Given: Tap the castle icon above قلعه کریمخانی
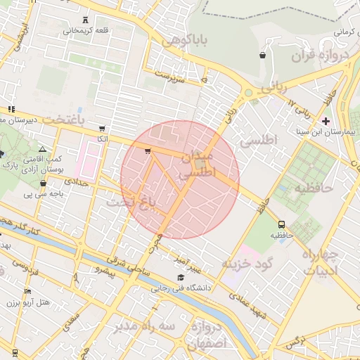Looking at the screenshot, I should click(x=86, y=19).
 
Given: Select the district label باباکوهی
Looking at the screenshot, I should click(x=185, y=41).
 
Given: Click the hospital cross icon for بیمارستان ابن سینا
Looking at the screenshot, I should click(x=326, y=121).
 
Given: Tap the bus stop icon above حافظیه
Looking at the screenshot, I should click(x=282, y=224).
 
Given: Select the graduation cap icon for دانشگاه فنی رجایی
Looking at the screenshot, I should click(x=181, y=278).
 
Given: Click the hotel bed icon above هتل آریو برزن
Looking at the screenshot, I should click(x=27, y=291).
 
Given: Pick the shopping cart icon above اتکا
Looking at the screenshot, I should click(x=103, y=129).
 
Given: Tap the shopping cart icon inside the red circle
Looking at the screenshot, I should click(x=147, y=150).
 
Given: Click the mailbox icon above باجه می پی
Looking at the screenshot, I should click(x=28, y=180).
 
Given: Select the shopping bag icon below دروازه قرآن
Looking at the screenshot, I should click(x=262, y=55).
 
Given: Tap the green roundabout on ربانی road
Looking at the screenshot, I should click(x=247, y=93).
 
